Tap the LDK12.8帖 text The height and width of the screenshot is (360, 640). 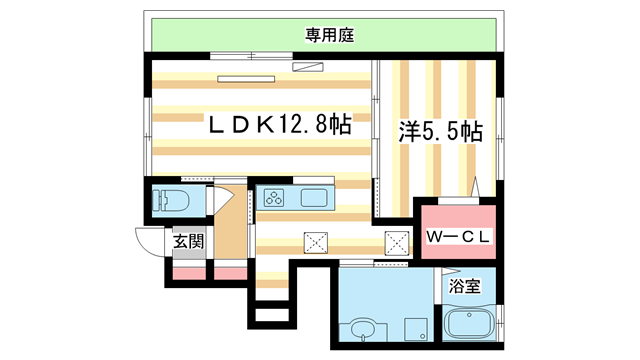[278, 126]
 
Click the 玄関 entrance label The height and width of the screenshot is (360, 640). [188, 241]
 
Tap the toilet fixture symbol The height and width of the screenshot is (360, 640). [168, 199]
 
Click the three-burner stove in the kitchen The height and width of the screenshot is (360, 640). [276, 198]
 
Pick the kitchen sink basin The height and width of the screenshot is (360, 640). [312, 198]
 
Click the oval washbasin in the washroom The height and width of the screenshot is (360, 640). [364, 329]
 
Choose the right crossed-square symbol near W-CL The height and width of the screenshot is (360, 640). [397, 241]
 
